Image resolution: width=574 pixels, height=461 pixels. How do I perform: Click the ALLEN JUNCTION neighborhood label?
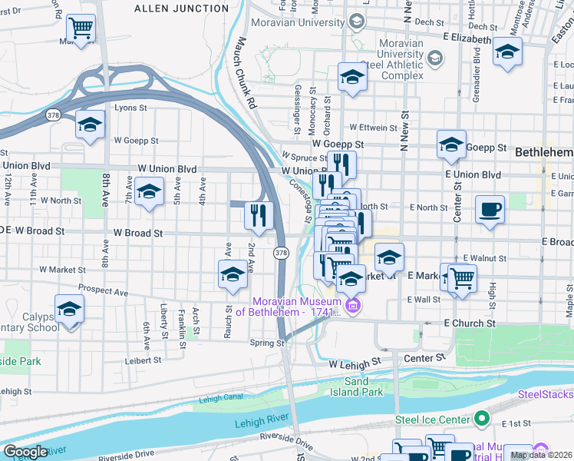coord(181,8)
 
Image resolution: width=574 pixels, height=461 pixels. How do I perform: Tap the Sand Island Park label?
coord(363,386)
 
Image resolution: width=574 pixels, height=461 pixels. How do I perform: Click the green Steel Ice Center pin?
coord(481,419)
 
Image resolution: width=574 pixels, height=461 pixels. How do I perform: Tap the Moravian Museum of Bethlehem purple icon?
coord(352,307)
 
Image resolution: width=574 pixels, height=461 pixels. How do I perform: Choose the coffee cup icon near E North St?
coord(490,210)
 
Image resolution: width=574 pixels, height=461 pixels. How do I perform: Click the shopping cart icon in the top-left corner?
coord(81,29)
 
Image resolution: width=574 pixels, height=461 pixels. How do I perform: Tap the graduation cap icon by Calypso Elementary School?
coord(69,310)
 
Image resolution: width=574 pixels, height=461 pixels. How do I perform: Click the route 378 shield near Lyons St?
coord(53,115)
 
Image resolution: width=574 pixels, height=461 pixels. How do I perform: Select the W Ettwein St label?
coord(375,127)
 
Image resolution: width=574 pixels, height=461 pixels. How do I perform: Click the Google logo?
coord(26,452)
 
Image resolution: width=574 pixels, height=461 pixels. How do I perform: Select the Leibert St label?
coord(143,360)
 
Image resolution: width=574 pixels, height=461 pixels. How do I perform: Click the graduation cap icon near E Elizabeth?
coord(507,52)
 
